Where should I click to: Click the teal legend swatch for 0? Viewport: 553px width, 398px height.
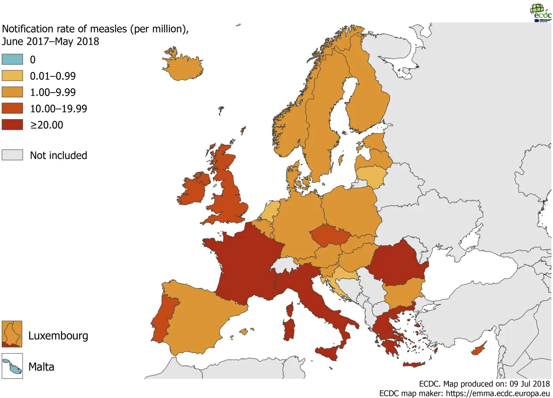pyautogui.click(x=12, y=59)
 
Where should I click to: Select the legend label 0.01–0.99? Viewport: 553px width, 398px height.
pyautogui.click(x=52, y=76)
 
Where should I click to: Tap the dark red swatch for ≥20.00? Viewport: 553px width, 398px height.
pyautogui.click(x=12, y=125)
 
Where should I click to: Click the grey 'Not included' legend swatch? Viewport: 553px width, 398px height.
pyautogui.click(x=12, y=155)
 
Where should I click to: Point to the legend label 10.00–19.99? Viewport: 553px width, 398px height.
pyautogui.click(x=58, y=108)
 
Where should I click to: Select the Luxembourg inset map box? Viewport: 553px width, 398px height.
pyautogui.click(x=12, y=334)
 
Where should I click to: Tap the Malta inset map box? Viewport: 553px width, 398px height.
pyautogui.click(x=12, y=366)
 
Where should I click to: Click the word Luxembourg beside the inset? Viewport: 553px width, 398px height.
pyautogui.click(x=58, y=336)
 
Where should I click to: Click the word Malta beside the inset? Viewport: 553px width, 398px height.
pyautogui.click(x=41, y=367)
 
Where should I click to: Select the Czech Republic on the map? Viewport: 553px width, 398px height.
pyautogui.click(x=329, y=236)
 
